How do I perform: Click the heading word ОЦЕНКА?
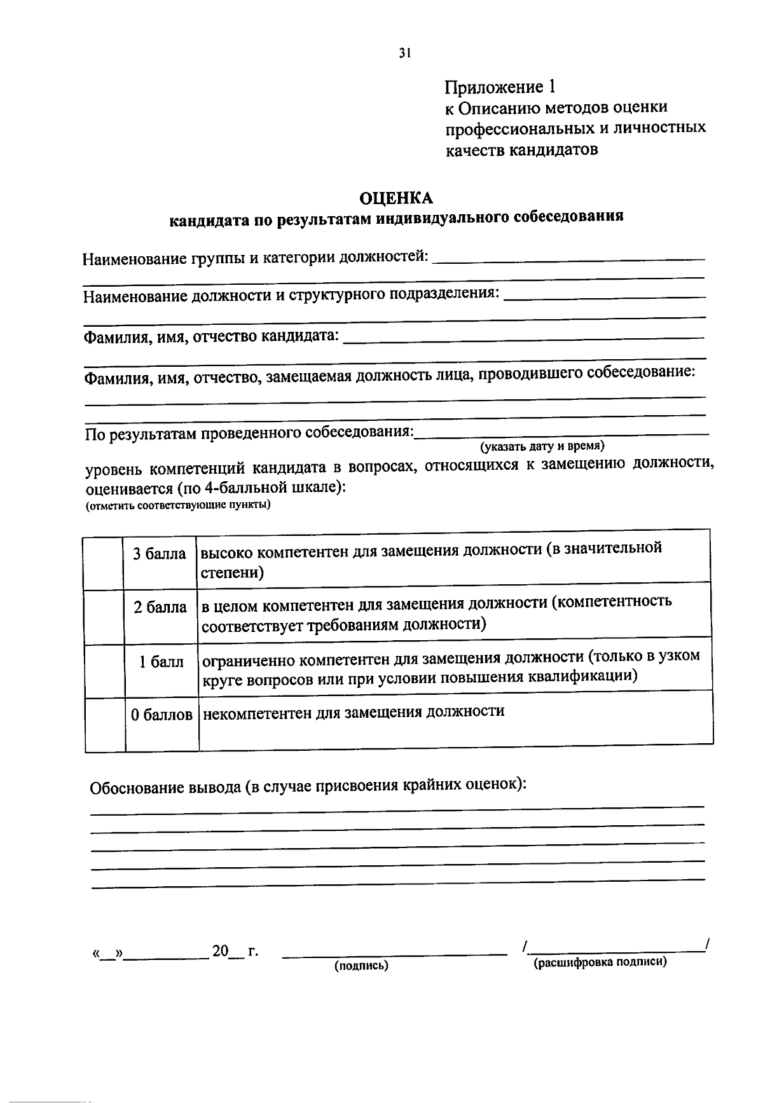[x=396, y=198]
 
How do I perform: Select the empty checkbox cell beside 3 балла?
[x=104, y=563]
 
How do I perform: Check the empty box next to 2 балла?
[x=104, y=617]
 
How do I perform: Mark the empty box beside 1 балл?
[x=104, y=671]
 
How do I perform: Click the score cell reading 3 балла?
[x=160, y=554]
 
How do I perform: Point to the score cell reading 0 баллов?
[x=162, y=715]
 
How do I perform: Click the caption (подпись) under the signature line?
[x=361, y=966]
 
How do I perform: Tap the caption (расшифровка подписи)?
[x=600, y=962]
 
